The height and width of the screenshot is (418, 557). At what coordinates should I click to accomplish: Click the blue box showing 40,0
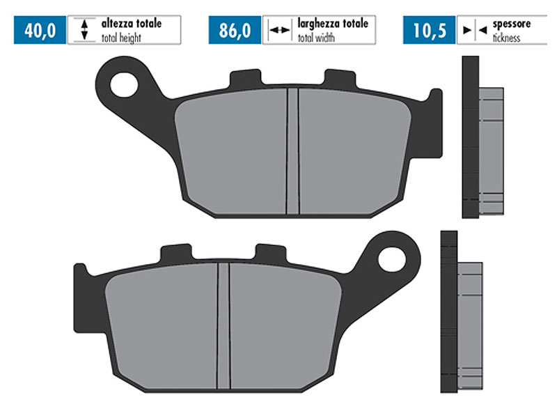39,31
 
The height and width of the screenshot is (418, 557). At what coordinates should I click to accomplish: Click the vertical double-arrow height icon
84,31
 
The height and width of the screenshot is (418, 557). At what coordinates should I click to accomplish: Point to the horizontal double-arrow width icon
279,31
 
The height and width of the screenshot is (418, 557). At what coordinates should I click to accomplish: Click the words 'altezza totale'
132,24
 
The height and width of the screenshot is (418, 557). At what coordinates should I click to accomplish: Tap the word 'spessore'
511,24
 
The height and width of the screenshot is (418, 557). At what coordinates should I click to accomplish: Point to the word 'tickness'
506,38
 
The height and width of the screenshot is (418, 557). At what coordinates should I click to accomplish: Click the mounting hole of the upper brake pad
127,85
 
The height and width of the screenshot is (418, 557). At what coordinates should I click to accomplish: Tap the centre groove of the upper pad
293,152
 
